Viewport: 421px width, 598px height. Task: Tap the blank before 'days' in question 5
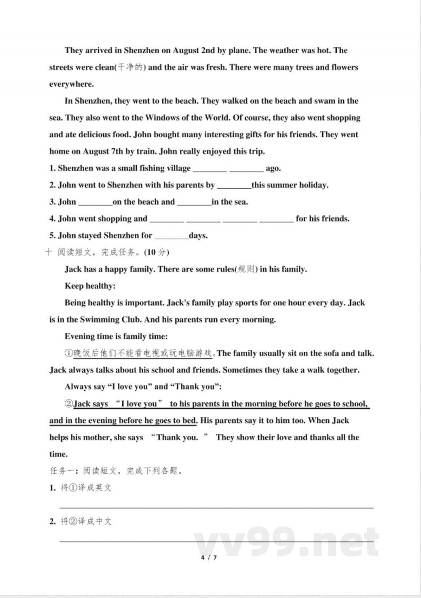tap(172, 236)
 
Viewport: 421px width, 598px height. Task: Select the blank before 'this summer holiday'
tap(234, 186)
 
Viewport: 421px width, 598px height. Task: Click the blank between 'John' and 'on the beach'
tap(95, 202)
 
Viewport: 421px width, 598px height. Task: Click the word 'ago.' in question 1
tap(274, 169)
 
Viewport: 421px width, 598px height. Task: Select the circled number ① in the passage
tap(68, 353)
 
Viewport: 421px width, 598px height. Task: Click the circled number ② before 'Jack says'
tap(68, 404)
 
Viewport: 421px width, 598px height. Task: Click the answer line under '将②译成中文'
tap(216, 541)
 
